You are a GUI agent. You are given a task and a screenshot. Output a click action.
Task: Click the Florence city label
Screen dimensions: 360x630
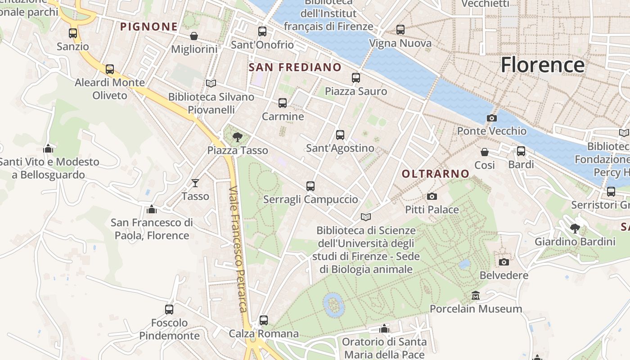click(x=542, y=65)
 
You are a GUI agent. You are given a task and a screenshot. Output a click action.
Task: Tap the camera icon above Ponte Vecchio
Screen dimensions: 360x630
click(x=491, y=118)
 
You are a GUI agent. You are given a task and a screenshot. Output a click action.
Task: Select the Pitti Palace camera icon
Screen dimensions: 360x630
click(x=432, y=196)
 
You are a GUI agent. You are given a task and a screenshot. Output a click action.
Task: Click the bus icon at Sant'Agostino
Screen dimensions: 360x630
click(x=340, y=135)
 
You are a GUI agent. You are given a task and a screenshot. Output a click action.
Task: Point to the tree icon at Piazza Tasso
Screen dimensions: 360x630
click(x=237, y=137)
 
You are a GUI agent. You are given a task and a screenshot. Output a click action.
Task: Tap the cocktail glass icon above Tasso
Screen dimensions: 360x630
click(x=195, y=183)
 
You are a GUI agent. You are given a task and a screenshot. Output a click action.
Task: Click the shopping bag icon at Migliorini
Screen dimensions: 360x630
click(x=194, y=36)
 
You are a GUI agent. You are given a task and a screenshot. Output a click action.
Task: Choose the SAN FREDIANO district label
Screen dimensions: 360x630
click(x=295, y=67)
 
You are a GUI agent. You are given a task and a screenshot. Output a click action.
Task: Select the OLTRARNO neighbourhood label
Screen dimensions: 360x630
click(x=435, y=174)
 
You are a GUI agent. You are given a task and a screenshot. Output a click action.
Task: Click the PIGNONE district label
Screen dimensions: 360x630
click(x=149, y=27)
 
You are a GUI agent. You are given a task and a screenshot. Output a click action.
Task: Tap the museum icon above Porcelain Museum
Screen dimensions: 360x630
click(x=475, y=296)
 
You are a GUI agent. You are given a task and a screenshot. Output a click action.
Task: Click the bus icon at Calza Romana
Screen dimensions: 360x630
click(x=263, y=320)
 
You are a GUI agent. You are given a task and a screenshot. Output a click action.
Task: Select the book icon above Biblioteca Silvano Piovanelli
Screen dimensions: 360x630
click(x=211, y=83)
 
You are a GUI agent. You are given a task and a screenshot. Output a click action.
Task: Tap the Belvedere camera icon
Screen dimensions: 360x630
click(x=504, y=262)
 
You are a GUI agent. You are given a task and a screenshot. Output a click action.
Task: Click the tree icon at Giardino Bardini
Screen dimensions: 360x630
click(x=575, y=229)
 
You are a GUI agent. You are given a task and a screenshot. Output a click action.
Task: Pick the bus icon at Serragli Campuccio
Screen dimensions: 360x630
click(x=310, y=186)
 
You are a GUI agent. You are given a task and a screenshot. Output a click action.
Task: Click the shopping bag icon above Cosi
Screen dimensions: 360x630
click(x=484, y=152)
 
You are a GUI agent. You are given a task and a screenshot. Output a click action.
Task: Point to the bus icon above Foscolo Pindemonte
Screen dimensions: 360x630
click(x=169, y=309)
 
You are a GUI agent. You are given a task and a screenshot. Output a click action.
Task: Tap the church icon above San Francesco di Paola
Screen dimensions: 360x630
click(x=151, y=209)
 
